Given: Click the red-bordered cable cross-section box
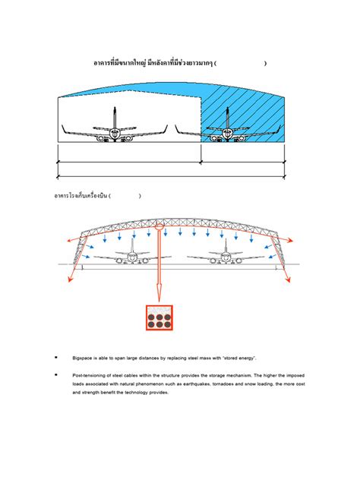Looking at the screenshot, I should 159,317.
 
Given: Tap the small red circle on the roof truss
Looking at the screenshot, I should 159,225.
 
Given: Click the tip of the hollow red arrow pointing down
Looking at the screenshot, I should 159,299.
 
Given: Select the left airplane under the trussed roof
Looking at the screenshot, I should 131,256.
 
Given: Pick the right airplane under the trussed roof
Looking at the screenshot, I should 226,256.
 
